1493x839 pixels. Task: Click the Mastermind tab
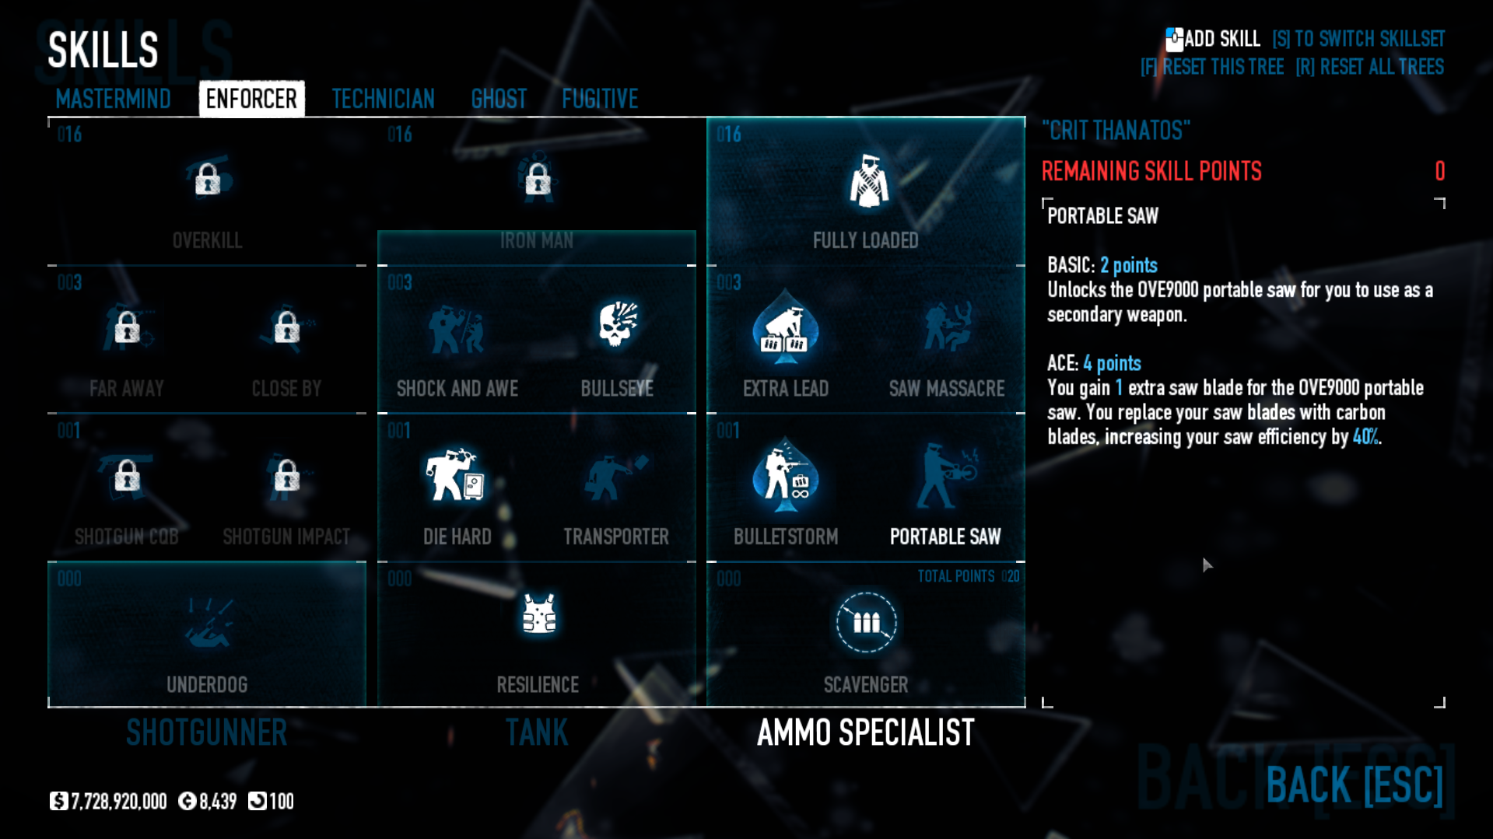pos(113,99)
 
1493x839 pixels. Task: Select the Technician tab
pos(383,99)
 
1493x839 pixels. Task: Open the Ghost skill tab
pos(499,99)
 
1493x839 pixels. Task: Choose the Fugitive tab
pos(600,99)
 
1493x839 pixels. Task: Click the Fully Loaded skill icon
pos(867,182)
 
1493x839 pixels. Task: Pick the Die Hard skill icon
pos(456,474)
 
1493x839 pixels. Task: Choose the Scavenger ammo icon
pos(866,622)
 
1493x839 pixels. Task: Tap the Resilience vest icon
pos(538,614)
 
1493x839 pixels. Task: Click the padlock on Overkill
pos(208,180)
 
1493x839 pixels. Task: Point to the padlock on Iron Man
pos(538,180)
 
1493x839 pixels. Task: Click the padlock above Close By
pos(286,327)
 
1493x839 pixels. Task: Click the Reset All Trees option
pos(1369,67)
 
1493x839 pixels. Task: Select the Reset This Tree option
pos(1212,67)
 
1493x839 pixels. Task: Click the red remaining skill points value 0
pos(1439,171)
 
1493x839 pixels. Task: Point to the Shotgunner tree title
pos(207,732)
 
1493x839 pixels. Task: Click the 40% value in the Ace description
pos(1365,437)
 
